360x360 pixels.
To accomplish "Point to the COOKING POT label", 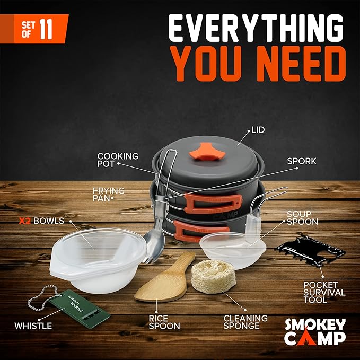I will coord(118,160).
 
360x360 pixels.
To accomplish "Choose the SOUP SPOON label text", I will coord(302,217).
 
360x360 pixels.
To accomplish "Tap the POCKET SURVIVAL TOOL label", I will coord(324,293).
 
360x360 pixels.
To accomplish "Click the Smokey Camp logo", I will coord(314,331).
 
